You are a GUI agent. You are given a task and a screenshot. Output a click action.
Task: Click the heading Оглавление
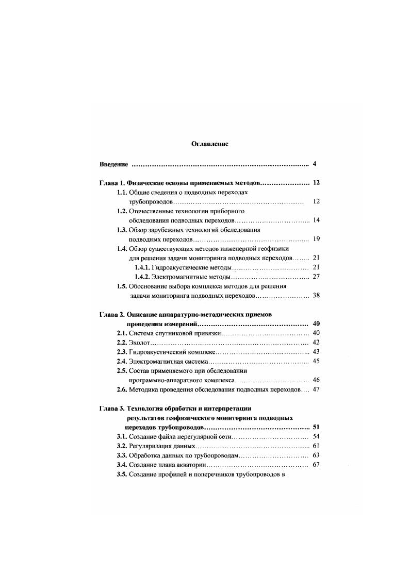click(x=209, y=144)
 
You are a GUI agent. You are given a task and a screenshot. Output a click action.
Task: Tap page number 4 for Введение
click(x=314, y=164)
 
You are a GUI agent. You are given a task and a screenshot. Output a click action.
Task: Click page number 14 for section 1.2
click(x=317, y=220)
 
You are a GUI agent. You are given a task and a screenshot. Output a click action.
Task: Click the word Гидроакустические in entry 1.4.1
click(x=177, y=267)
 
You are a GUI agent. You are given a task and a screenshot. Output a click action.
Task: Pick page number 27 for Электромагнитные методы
click(x=317, y=277)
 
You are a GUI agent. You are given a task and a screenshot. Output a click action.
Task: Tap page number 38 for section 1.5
click(x=317, y=296)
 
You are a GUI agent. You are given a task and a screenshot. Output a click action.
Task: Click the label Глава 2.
click(x=110, y=314)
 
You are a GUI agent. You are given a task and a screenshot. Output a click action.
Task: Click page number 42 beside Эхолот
click(x=317, y=343)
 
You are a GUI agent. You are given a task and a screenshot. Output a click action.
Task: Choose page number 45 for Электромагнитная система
click(x=317, y=361)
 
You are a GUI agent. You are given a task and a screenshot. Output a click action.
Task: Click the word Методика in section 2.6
click(x=144, y=390)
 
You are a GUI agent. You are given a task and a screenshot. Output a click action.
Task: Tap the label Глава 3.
click(x=110, y=409)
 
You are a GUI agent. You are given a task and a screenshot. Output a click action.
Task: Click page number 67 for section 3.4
click(x=317, y=465)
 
